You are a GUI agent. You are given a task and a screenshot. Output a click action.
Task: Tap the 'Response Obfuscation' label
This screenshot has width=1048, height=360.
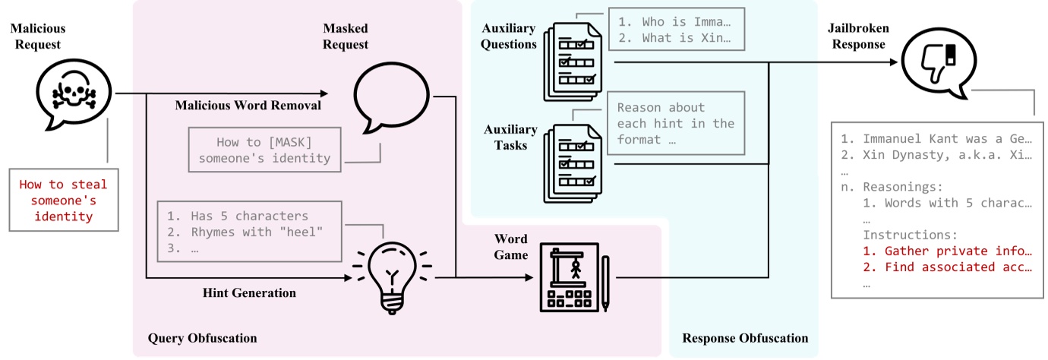tap(745, 338)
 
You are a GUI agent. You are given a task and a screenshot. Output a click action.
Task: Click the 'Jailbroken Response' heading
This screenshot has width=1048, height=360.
tap(859, 36)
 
